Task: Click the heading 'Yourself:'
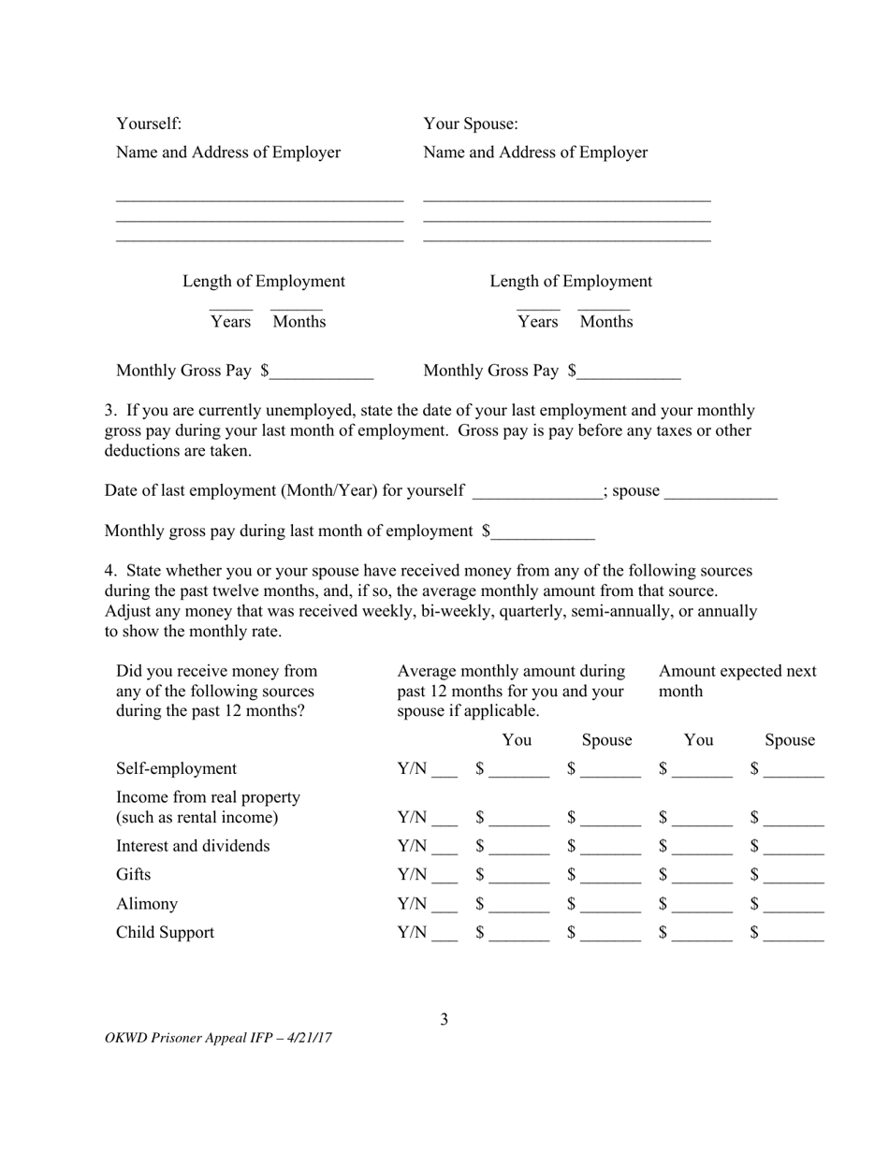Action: (x=149, y=124)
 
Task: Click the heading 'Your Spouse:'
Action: (x=471, y=124)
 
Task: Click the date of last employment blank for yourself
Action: (x=538, y=493)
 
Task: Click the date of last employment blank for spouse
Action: (x=721, y=493)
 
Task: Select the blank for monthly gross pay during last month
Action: (x=543, y=533)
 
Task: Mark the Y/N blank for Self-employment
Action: (x=444, y=771)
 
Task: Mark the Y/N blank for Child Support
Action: (x=444, y=936)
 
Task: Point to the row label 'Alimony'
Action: (x=146, y=904)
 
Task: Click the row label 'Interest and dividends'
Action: (x=193, y=846)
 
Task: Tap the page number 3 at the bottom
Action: (x=444, y=1019)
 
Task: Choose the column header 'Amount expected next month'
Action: (x=736, y=681)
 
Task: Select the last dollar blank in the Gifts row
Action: (x=794, y=878)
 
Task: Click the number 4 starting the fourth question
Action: (x=109, y=571)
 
